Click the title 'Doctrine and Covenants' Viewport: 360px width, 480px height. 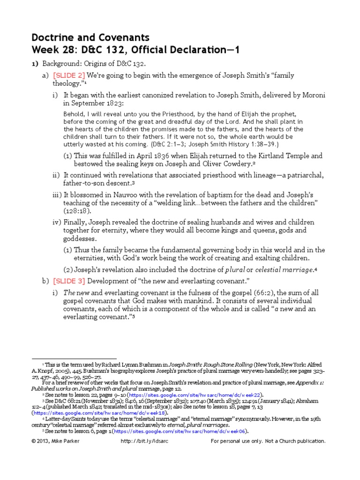90,37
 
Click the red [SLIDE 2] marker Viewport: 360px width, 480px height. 69,75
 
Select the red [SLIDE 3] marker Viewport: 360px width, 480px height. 69,280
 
